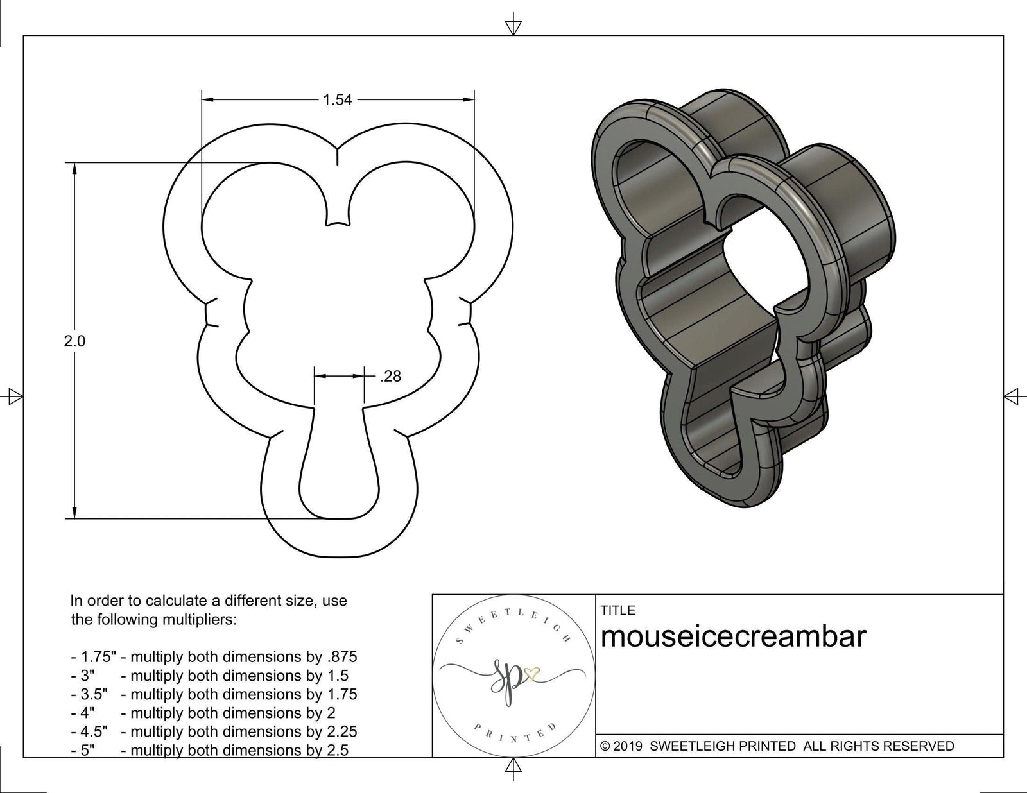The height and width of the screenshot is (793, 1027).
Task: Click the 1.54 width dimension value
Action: click(x=338, y=99)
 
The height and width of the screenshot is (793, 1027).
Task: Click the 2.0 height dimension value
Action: click(x=74, y=341)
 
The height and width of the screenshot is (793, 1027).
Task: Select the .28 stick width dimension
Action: click(x=390, y=377)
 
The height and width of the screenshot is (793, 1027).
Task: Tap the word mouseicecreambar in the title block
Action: click(x=733, y=636)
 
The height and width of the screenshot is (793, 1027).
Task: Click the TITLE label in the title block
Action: click(x=618, y=610)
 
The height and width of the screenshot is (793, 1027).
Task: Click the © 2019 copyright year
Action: click(x=622, y=746)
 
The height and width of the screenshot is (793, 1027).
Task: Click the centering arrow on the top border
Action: click(x=512, y=26)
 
